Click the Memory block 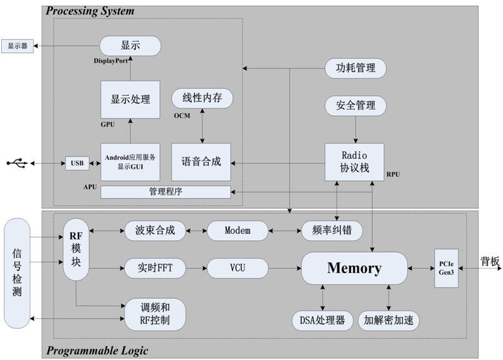point(354,269)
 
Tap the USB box point(77,163)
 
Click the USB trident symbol point(18,163)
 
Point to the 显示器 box point(17,46)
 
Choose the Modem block point(237,231)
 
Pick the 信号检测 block point(17,272)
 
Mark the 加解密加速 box point(388,320)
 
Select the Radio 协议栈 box point(354,162)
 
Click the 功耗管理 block point(355,68)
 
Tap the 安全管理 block point(355,105)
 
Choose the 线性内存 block point(202,98)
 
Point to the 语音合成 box point(201,162)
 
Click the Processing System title point(90,11)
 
